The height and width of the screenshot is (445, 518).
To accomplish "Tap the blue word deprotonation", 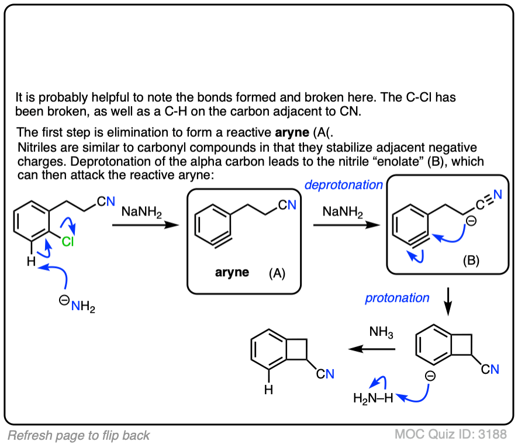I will point(343,185).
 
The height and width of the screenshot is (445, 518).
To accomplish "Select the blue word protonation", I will point(397,298).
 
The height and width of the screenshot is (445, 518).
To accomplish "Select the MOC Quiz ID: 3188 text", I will point(450,434).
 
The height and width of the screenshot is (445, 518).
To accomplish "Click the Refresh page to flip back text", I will point(79,435).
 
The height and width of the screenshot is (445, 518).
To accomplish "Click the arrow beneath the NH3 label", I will point(372,349).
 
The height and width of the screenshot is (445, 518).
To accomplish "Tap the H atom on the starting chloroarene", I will point(30,262).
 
